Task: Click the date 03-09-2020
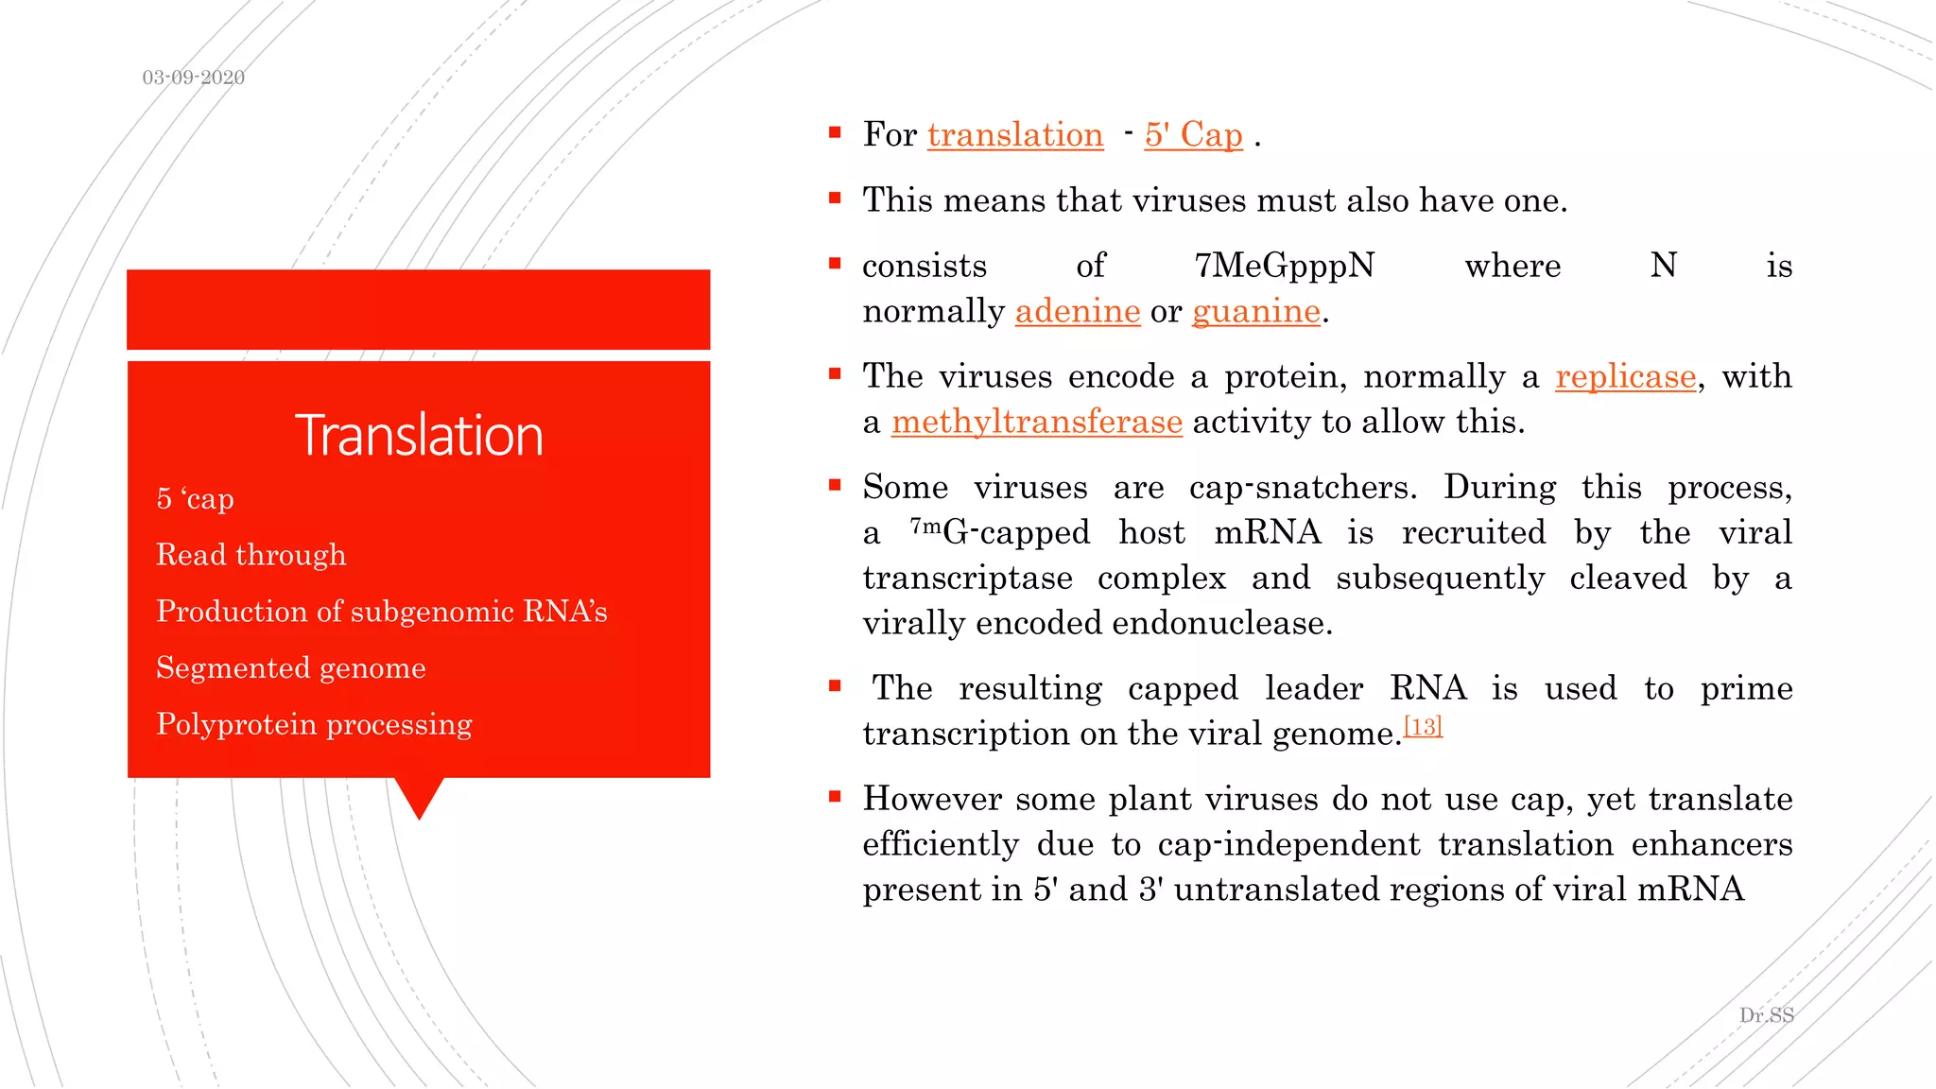coord(193,78)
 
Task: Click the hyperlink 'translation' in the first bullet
coord(1015,135)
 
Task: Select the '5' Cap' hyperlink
coord(1193,135)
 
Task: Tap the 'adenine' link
coord(1078,311)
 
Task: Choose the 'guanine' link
coord(1255,311)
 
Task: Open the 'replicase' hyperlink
coord(1625,377)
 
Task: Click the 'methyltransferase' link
coord(1036,422)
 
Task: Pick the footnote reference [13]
coord(1423,726)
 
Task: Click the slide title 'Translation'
coord(419,436)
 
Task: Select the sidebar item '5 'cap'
coord(195,498)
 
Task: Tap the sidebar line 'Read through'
coord(251,555)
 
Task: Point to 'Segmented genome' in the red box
coord(290,668)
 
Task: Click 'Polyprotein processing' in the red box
coord(314,724)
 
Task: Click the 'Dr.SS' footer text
coord(1766,1015)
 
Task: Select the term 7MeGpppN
coord(1284,267)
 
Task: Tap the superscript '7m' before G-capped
coord(925,526)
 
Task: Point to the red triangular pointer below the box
coord(419,796)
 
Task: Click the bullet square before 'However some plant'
coord(835,797)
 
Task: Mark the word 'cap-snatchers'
coord(1302,488)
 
